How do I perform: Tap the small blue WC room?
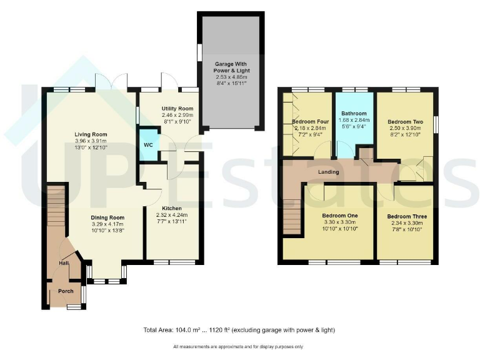click(x=148, y=145)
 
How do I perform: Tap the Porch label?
click(x=66, y=291)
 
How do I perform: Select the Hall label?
click(x=64, y=263)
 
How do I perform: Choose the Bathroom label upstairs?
click(x=354, y=113)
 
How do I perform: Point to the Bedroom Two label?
click(x=405, y=121)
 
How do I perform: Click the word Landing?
click(x=328, y=172)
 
